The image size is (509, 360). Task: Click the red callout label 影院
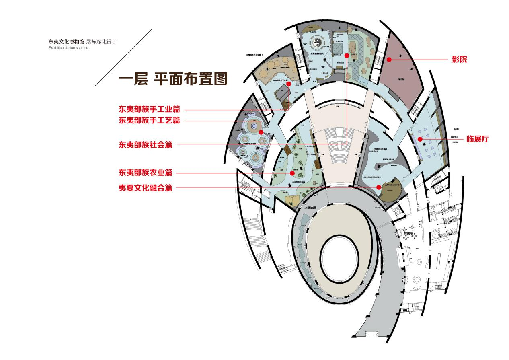pyautogui.click(x=459, y=60)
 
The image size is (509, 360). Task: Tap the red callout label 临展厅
pyautogui.click(x=478, y=139)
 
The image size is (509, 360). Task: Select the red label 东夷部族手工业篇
pyautogui.click(x=149, y=109)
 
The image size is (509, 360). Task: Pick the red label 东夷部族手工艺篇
pyautogui.click(x=149, y=120)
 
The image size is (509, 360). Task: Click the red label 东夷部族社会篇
pyautogui.click(x=145, y=144)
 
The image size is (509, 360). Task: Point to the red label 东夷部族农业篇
pyautogui.click(x=145, y=173)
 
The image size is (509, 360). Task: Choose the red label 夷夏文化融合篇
pyautogui.click(x=145, y=187)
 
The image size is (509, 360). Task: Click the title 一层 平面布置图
pyautogui.click(x=173, y=78)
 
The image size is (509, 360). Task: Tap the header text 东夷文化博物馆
pyautogui.click(x=66, y=42)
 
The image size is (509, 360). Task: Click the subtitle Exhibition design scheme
pyautogui.click(x=68, y=47)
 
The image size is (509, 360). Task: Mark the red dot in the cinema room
pyautogui.click(x=389, y=60)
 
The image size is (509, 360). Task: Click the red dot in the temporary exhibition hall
pyautogui.click(x=419, y=139)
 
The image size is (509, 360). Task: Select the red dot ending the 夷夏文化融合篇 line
pyautogui.click(x=379, y=187)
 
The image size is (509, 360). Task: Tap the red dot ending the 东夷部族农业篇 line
pyautogui.click(x=293, y=173)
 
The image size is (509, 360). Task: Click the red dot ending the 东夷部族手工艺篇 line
pyautogui.click(x=261, y=132)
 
